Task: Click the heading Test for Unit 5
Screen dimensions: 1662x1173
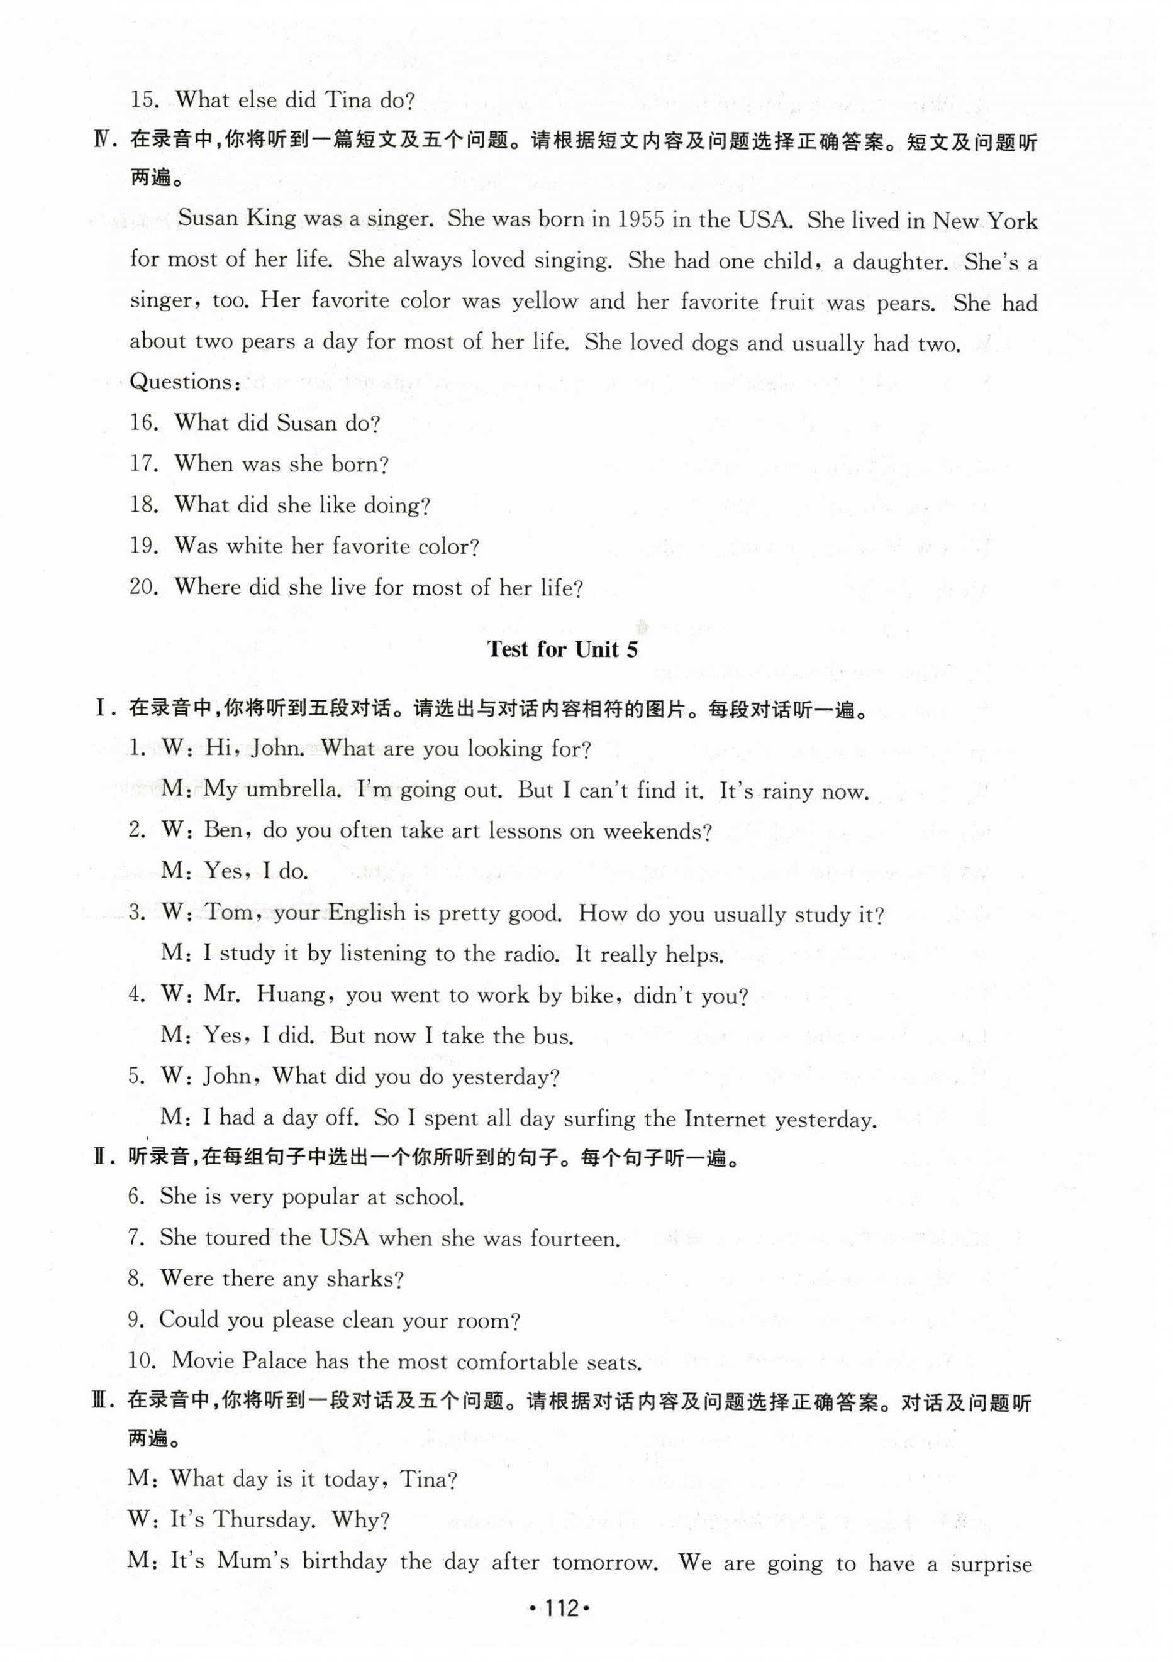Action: (562, 649)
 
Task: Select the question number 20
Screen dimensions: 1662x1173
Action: (143, 587)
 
